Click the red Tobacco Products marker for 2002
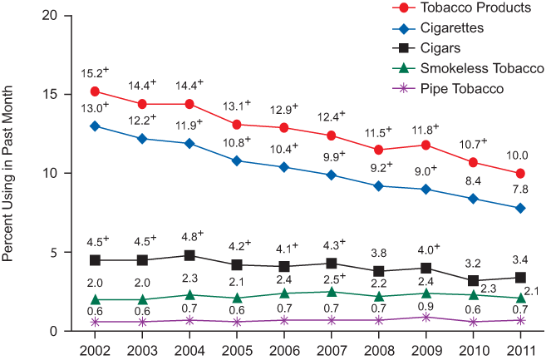pos(96,91)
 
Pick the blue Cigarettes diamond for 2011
pos(520,208)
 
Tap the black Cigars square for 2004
pos(189,255)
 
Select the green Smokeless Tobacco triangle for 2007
pos(332,292)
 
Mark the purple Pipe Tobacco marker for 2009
pos(426,317)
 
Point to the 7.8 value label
pos(520,190)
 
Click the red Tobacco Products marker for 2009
pos(426,145)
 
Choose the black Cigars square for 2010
pos(474,280)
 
